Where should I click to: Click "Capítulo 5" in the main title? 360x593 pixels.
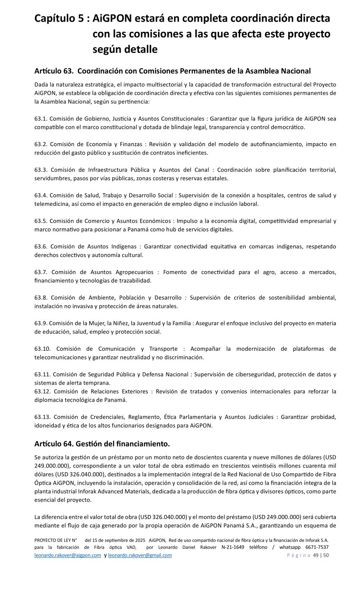coord(60,19)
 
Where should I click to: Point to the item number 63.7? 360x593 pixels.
coord(42,272)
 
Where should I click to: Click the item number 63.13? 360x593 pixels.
coord(43,417)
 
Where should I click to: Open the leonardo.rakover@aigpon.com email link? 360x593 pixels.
coord(68,555)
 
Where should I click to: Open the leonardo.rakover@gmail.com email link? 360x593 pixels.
coord(140,555)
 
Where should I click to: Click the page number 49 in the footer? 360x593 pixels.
coord(316,555)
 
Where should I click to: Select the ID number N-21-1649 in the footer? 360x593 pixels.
coord(233,547)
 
